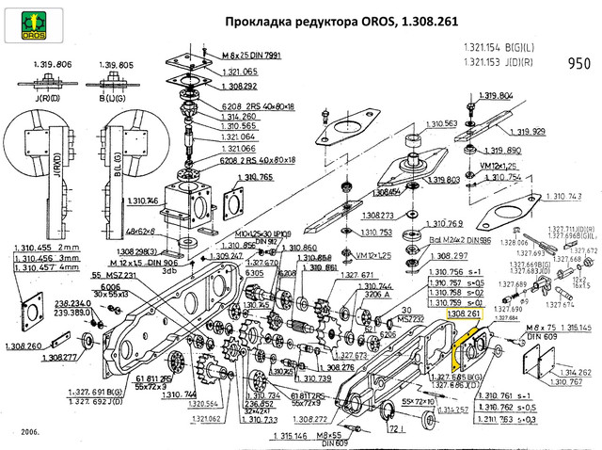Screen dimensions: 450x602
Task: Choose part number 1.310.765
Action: click(x=254, y=177)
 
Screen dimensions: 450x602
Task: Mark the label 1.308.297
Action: click(x=447, y=255)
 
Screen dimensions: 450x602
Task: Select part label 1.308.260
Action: click(x=33, y=347)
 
